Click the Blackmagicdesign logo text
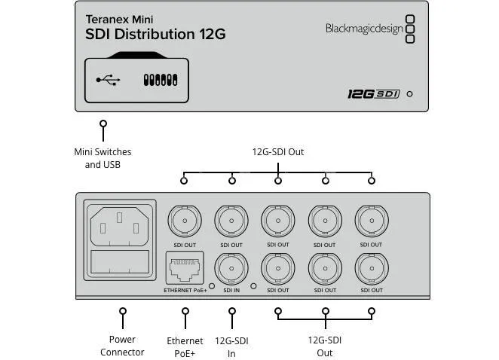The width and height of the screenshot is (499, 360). pos(364,29)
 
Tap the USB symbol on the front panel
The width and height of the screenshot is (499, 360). pos(107,79)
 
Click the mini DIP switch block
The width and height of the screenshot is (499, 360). pos(160,79)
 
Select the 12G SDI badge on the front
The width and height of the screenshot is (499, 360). pos(373,94)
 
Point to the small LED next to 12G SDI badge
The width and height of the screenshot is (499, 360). pos(409,95)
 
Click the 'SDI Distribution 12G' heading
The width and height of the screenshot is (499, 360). pos(155,35)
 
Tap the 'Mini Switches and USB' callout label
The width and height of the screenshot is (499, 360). pos(103,158)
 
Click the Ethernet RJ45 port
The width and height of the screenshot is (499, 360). pos(184,268)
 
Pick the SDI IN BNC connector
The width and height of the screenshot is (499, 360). pos(231,267)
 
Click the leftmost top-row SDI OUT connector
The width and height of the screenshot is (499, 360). pos(184,221)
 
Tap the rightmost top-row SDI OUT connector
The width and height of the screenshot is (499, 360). pos(370,221)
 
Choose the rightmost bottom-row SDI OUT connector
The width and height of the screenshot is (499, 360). pos(370,268)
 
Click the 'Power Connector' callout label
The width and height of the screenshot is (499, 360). pos(122,346)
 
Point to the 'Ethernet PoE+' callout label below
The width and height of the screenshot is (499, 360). pos(185,346)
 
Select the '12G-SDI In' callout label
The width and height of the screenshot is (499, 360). pos(231,346)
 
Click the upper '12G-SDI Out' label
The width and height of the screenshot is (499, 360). pos(278,152)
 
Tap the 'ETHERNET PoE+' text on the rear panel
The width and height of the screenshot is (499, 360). pos(185,290)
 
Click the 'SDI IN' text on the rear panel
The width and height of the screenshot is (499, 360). pos(231,290)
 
